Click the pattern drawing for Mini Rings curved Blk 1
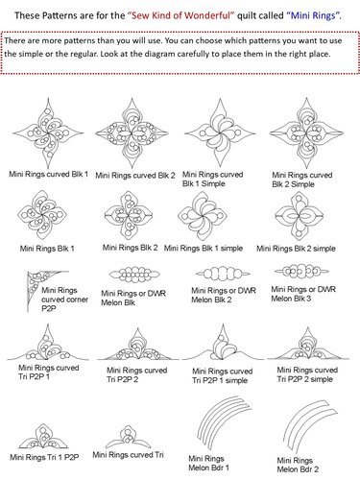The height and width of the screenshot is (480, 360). (x=48, y=132)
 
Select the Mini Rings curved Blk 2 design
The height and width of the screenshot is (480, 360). (x=132, y=133)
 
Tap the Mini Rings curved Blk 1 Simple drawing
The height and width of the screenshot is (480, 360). (x=220, y=132)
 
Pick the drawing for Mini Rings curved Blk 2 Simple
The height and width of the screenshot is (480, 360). (x=306, y=132)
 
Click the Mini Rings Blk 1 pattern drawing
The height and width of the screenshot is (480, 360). (x=42, y=215)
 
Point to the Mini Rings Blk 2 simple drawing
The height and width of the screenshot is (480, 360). (x=300, y=216)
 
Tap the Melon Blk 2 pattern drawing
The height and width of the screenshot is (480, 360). (x=223, y=274)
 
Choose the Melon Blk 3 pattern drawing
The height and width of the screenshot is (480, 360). (x=301, y=272)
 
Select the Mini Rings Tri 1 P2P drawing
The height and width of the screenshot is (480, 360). (x=43, y=437)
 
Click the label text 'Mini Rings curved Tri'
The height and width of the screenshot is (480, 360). (x=128, y=455)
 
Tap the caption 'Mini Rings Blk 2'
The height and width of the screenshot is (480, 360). (x=130, y=248)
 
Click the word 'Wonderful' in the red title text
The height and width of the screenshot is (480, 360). (x=208, y=15)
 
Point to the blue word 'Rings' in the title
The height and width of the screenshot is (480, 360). (x=324, y=15)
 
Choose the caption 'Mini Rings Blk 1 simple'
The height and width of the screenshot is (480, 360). (x=204, y=249)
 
